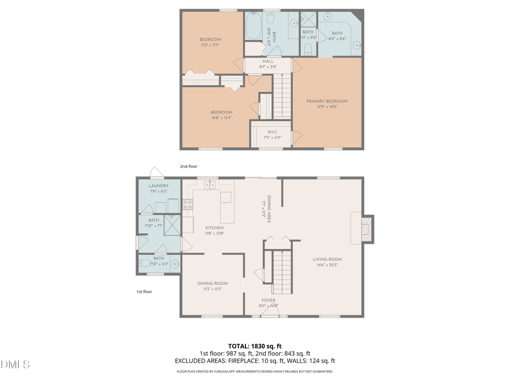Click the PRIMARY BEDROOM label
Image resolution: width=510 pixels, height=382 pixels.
327,101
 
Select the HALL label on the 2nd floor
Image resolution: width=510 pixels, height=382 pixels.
268,61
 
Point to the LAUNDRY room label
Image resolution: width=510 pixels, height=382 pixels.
159,186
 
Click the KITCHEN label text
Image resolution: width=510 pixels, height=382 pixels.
214,228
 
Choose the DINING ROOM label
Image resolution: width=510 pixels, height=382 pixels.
212,283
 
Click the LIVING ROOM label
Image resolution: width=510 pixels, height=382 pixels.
328,260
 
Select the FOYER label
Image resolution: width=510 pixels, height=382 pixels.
268,300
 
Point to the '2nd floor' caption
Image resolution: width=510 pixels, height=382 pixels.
188,166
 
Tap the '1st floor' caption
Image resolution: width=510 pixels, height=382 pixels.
143,291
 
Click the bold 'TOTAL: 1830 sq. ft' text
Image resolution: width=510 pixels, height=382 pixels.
254,345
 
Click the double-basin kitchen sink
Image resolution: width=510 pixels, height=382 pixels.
210,184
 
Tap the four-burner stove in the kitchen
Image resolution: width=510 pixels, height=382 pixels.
188,205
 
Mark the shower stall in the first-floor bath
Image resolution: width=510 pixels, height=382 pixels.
172,224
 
